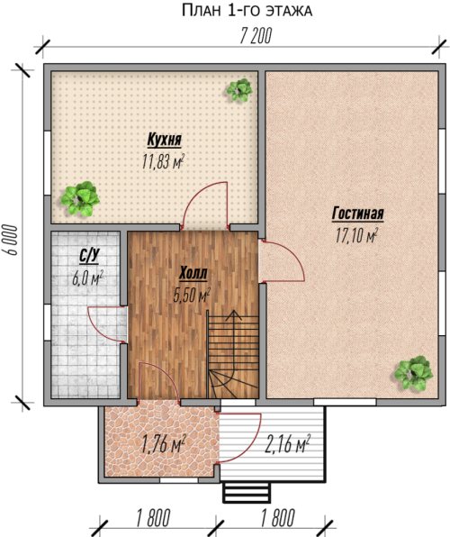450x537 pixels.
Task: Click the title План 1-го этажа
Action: [x=247, y=10]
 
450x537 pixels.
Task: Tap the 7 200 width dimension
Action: [x=256, y=36]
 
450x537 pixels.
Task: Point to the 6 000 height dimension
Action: [x=11, y=240]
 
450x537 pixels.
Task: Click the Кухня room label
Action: [x=165, y=140]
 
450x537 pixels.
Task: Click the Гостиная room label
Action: [x=357, y=214]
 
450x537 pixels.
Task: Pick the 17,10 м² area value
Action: [x=356, y=235]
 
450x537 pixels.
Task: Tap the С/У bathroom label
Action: [x=89, y=257]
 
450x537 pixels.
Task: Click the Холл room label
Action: [x=193, y=274]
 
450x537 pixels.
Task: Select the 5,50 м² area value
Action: [x=192, y=295]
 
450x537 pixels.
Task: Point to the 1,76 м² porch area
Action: [x=163, y=445]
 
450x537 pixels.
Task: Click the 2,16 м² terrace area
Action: [x=287, y=445]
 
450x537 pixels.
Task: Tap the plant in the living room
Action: [x=413, y=372]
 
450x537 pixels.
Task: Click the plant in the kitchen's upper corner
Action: [x=239, y=90]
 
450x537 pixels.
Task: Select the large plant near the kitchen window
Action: [x=80, y=198]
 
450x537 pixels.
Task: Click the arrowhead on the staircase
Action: [x=234, y=315]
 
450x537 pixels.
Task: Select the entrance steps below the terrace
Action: [x=246, y=492]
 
